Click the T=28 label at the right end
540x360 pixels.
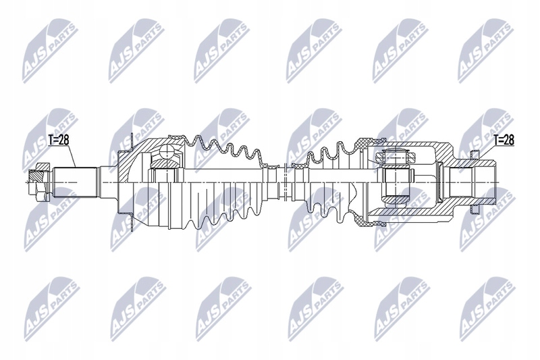pyautogui.click(x=503, y=140)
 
